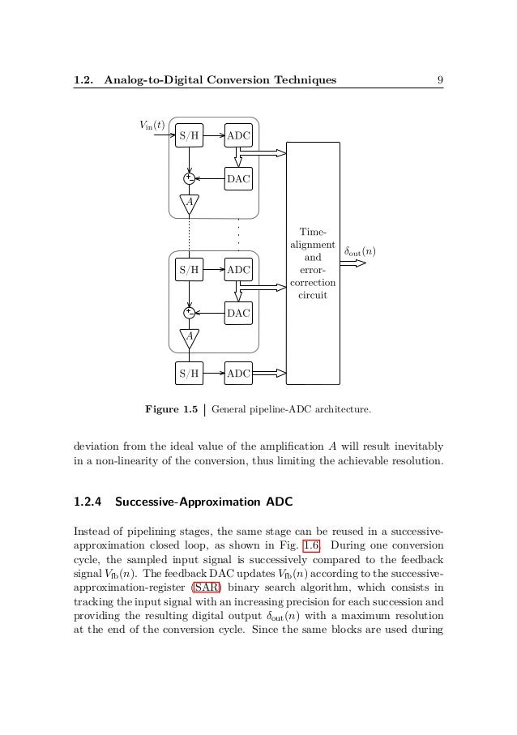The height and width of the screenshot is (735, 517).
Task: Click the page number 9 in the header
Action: [438, 79]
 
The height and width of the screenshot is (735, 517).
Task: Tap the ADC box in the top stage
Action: [238, 135]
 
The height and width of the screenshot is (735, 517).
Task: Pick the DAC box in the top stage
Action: [238, 179]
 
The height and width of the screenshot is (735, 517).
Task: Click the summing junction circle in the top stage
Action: [188, 179]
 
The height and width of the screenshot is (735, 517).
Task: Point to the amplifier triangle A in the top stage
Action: [188, 203]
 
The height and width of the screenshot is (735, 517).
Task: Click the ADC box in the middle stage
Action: [238, 268]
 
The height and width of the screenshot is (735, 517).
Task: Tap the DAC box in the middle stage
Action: [238, 312]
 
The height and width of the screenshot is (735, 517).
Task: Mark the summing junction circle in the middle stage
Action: [188, 312]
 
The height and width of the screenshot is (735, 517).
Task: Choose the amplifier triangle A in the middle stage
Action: [188, 335]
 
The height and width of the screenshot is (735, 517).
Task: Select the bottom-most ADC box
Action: [238, 373]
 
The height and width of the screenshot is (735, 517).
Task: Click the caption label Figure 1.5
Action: [171, 410]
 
